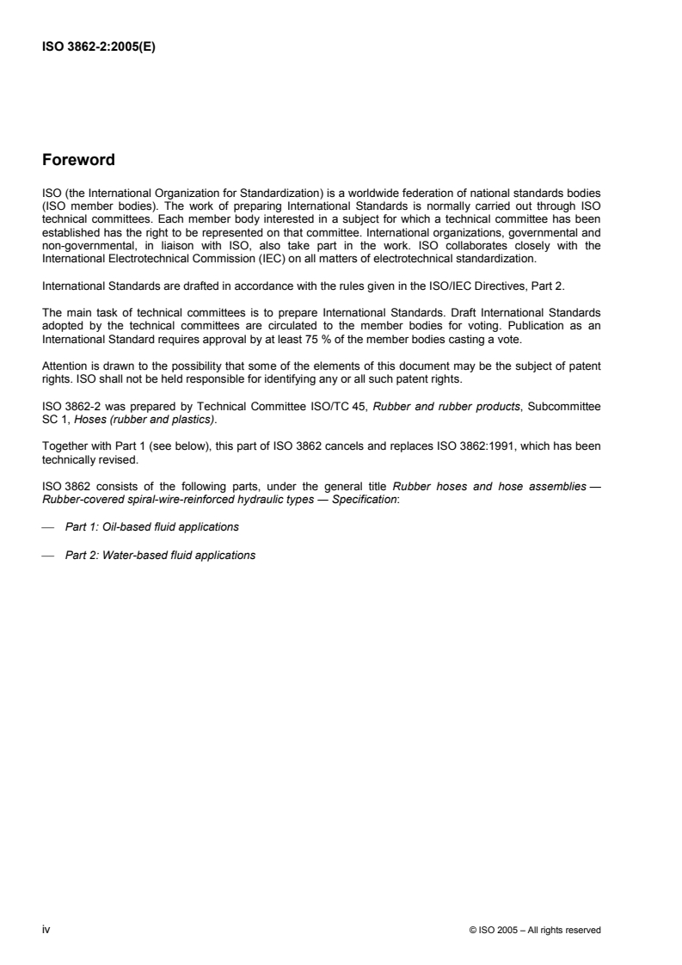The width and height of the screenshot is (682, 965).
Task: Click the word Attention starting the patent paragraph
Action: coord(64,365)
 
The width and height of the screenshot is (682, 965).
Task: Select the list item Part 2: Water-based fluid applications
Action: coord(160,555)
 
